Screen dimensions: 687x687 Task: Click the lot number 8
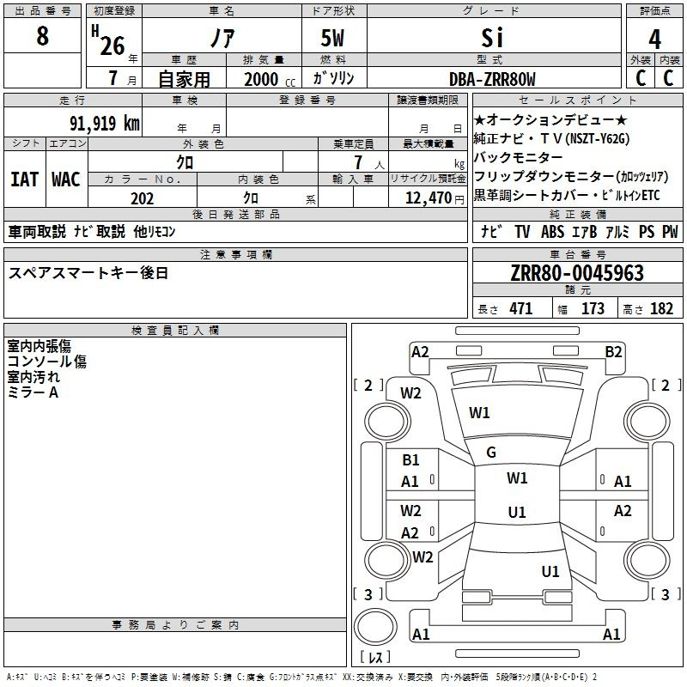click(x=43, y=37)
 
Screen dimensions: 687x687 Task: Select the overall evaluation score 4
click(x=655, y=39)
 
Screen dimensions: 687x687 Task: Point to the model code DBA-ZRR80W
click(x=492, y=79)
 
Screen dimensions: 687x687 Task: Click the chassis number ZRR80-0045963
click(x=577, y=274)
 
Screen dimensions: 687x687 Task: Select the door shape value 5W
click(x=335, y=39)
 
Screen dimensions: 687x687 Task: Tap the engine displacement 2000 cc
click(x=267, y=79)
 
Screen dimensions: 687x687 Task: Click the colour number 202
click(x=143, y=198)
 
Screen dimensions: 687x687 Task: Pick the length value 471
click(x=520, y=309)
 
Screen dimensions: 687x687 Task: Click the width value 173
click(x=593, y=309)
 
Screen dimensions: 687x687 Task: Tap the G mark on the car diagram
click(x=491, y=453)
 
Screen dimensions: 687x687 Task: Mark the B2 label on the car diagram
click(x=613, y=351)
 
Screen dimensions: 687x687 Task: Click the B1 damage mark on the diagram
click(x=410, y=460)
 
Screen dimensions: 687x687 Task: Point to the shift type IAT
click(x=24, y=179)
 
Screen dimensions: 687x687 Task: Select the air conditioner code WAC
click(x=66, y=179)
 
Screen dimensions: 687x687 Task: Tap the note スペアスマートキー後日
click(x=88, y=273)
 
